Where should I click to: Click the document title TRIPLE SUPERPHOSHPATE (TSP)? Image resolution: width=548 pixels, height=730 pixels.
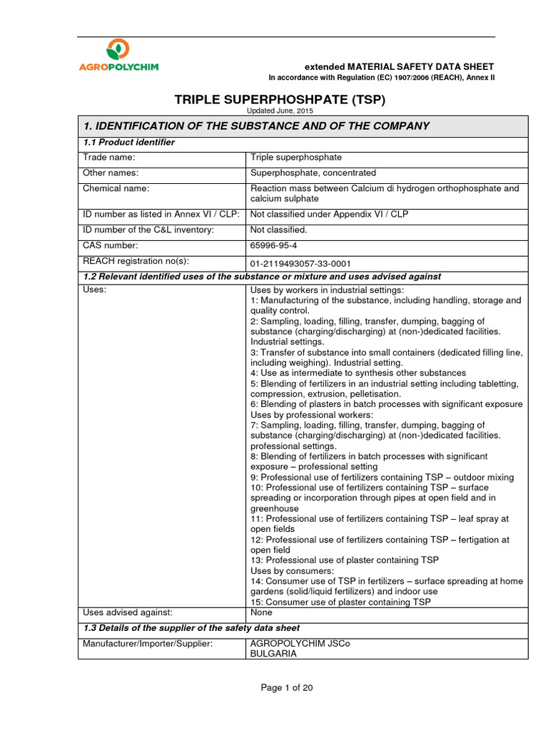[x=280, y=100]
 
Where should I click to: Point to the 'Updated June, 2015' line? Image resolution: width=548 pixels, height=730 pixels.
[x=280, y=111]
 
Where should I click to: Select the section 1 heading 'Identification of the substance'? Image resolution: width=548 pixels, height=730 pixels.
[x=256, y=126]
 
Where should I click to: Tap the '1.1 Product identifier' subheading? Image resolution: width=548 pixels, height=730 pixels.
[x=129, y=143]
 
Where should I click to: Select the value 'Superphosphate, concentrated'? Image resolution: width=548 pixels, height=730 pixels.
[x=313, y=173]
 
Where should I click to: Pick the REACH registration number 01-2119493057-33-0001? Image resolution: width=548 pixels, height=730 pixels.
[x=300, y=262]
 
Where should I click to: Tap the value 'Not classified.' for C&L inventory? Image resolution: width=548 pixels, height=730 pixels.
[x=278, y=230]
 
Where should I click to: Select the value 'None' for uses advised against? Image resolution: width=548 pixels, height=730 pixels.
[x=262, y=612]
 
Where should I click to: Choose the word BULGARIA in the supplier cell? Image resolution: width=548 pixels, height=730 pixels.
[x=273, y=653]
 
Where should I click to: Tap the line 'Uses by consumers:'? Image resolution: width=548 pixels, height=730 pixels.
[x=291, y=571]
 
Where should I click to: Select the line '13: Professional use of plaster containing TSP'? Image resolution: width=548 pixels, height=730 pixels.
[x=345, y=560]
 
